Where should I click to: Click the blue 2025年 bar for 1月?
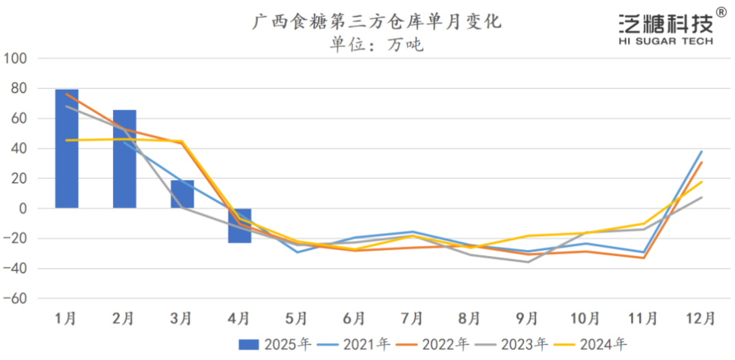point(67,149)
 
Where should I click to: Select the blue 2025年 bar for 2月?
point(125,159)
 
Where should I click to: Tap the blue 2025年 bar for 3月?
point(182,194)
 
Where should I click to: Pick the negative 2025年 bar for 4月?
point(240,225)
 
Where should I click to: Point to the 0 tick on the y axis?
point(22,209)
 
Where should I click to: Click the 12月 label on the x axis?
point(700,317)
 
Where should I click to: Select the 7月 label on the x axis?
point(412,317)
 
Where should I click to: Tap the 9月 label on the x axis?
point(527,317)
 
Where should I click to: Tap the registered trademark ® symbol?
point(720,11)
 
